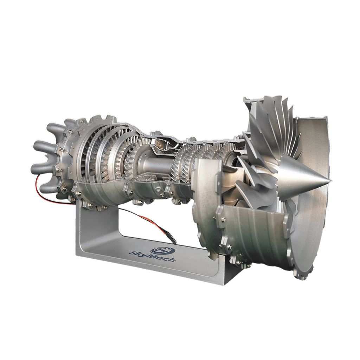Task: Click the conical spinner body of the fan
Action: (x=299, y=179)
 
